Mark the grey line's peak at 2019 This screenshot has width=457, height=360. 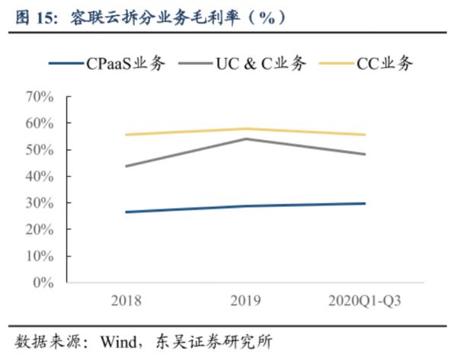[x=245, y=139]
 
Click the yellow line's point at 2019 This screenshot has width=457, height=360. [x=245, y=129]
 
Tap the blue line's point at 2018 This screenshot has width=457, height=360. [x=126, y=212]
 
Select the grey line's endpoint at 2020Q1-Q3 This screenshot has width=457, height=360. [x=364, y=154]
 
